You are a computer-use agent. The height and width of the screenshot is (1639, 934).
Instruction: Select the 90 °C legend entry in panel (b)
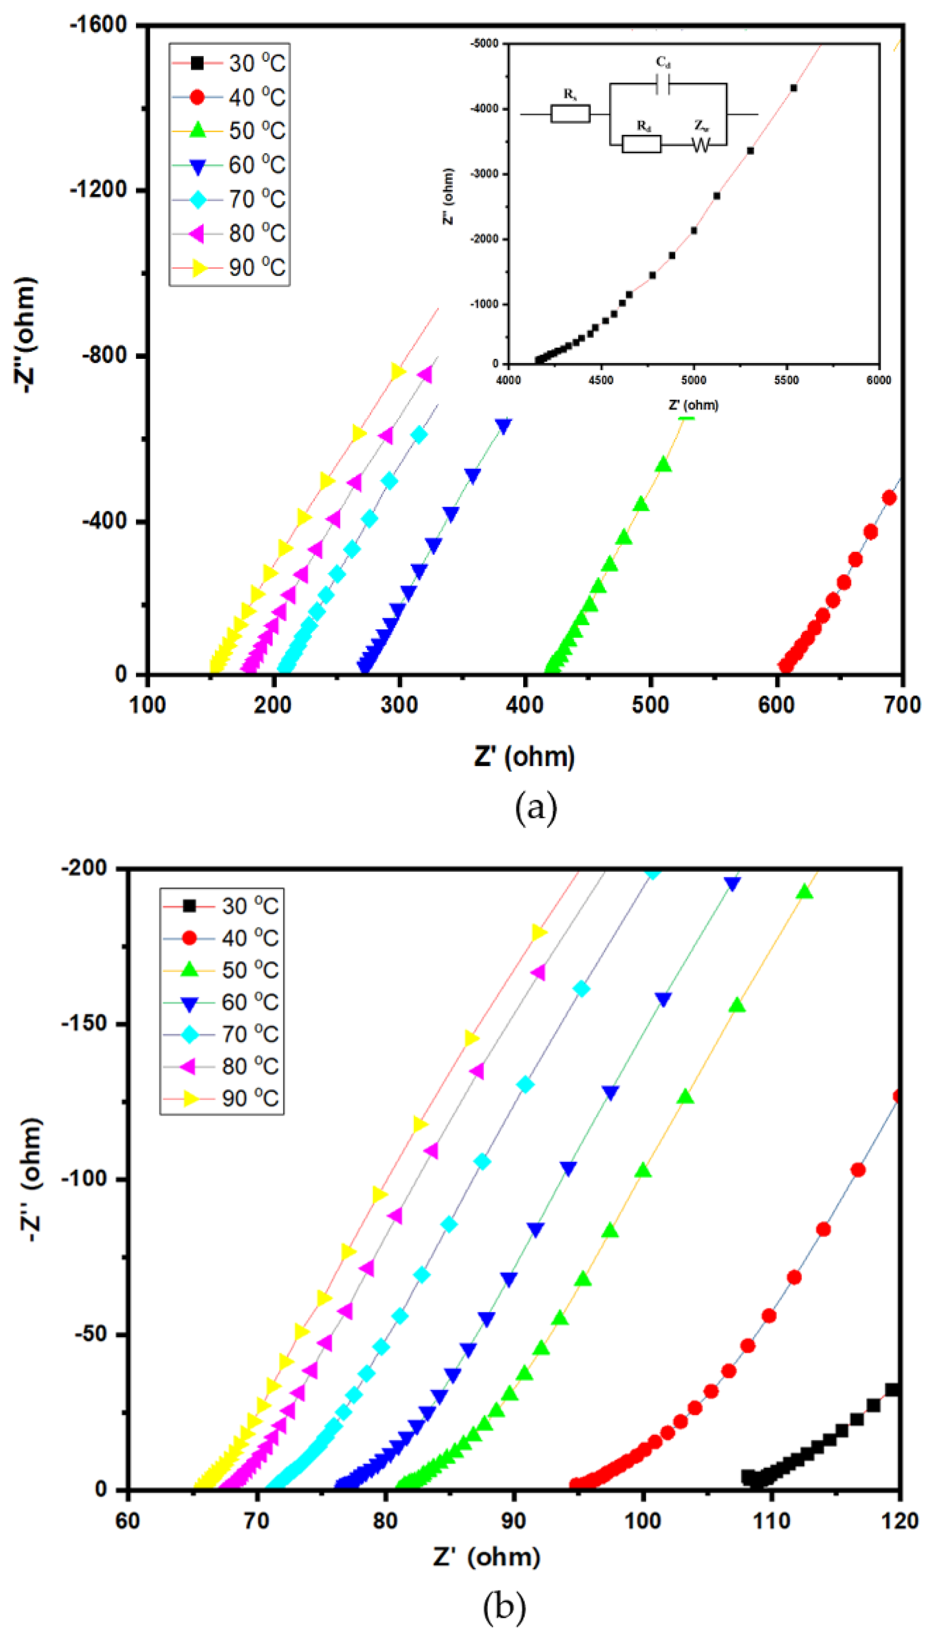221,1098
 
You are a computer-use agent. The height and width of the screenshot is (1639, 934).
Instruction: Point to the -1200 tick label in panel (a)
98,190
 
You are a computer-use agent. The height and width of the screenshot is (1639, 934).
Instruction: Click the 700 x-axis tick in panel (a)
901,705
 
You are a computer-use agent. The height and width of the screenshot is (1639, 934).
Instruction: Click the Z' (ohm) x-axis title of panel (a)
524,757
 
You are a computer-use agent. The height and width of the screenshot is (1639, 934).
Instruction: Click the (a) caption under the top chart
536,808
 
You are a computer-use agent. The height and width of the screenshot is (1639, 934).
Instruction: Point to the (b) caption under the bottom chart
504,1606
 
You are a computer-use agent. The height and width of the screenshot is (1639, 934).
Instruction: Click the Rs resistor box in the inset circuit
570,114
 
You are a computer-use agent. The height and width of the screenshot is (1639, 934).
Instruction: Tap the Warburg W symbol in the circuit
701,145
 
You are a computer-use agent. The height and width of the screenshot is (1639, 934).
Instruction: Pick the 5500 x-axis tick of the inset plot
786,380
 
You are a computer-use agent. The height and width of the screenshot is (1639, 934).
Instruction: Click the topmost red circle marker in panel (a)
889,497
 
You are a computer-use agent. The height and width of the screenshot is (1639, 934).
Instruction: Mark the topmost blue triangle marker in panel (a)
504,427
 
